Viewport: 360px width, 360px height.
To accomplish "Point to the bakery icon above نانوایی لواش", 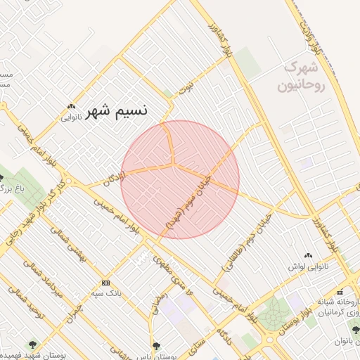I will coord(307,255).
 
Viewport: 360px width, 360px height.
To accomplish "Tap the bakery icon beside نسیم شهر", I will coord(70,106).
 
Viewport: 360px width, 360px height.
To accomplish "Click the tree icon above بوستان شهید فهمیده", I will coord(32,344).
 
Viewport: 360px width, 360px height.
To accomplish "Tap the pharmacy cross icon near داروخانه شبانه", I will coord(340,291).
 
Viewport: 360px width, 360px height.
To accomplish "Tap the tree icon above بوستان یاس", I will coord(155,346).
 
